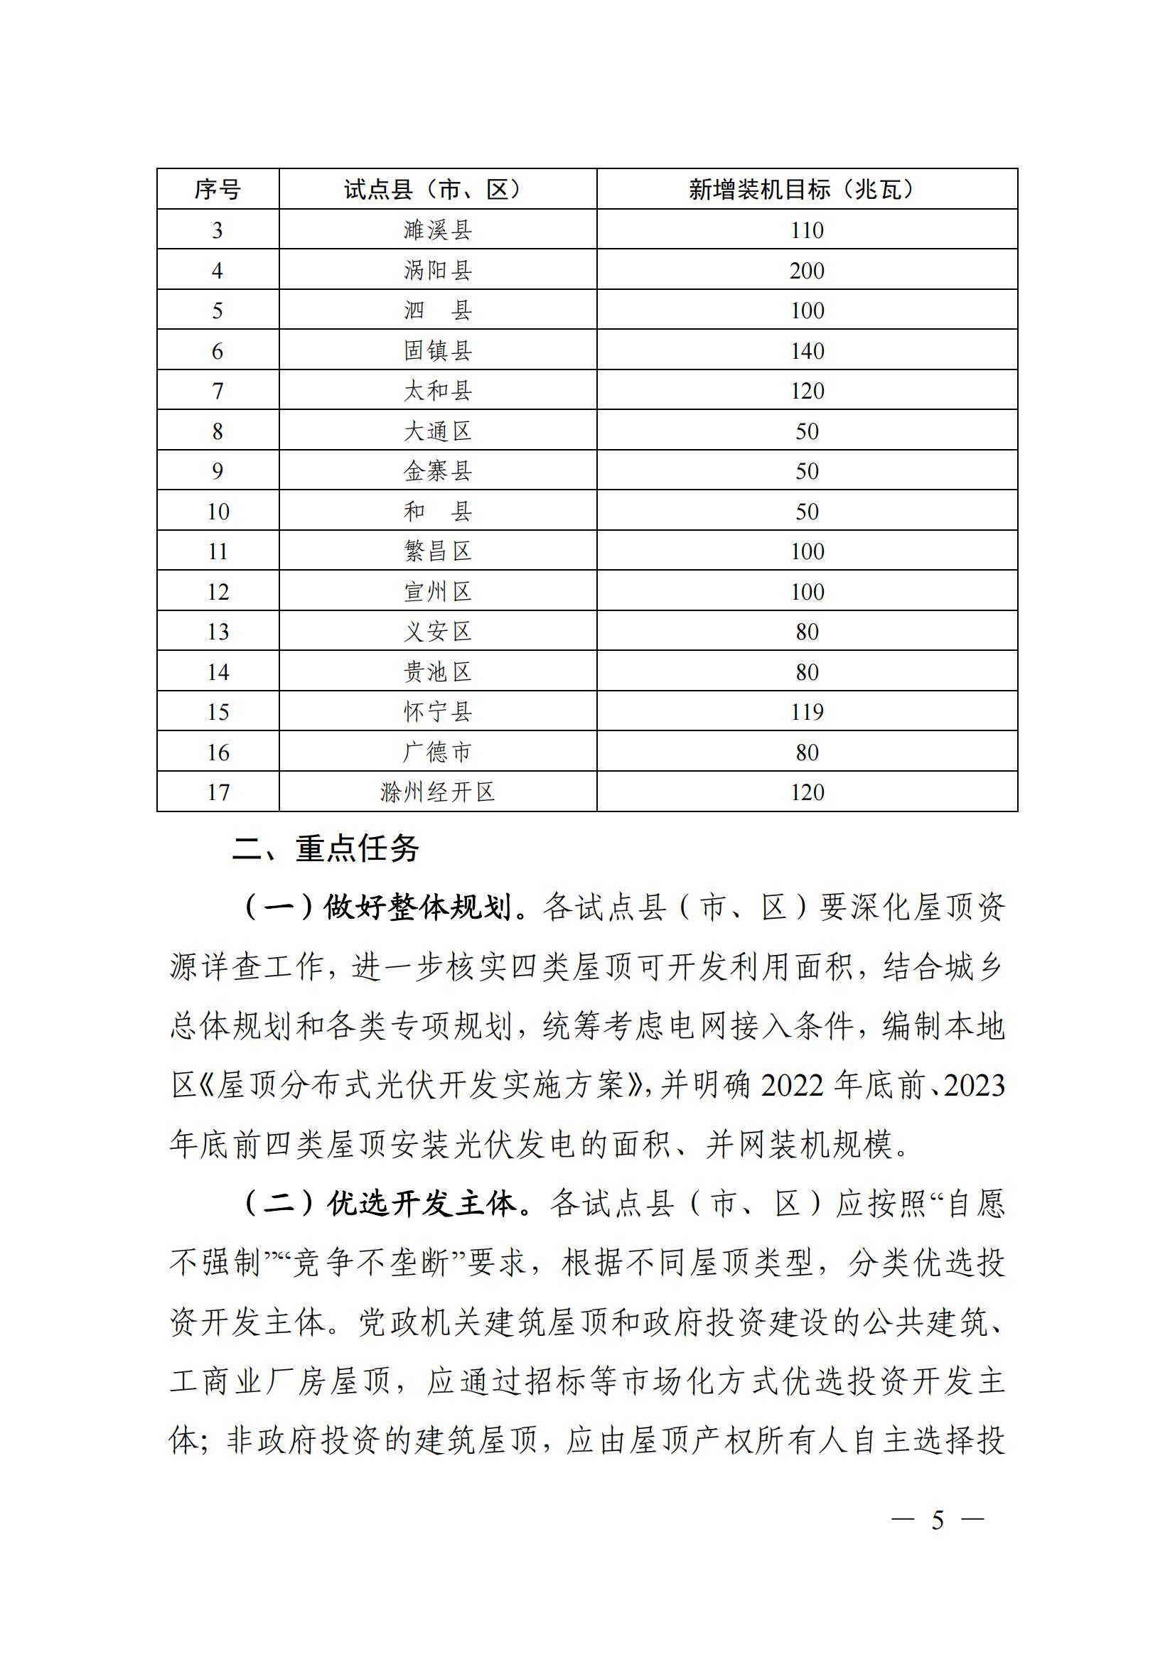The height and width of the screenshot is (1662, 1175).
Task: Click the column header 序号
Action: tap(218, 190)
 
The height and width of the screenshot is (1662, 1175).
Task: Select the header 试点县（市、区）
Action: tap(437, 190)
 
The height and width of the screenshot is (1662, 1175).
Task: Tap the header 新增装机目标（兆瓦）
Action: tap(807, 190)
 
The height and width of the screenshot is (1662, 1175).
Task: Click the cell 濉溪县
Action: tap(437, 230)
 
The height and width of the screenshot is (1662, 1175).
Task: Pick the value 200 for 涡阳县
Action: tap(807, 271)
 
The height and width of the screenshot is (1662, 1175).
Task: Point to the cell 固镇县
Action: tap(437, 351)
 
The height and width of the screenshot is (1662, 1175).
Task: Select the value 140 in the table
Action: tap(807, 351)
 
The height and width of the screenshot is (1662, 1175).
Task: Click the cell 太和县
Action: tap(437, 391)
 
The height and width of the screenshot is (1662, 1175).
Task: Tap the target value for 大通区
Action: tap(807, 431)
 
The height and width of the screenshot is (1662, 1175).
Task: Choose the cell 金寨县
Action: tap(437, 471)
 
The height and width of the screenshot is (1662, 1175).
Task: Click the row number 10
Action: tap(218, 512)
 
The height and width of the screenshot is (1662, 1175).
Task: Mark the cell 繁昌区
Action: tap(437, 551)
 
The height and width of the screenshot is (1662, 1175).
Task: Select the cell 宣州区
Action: tap(437, 592)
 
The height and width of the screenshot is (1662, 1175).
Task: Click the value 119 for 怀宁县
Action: tap(807, 712)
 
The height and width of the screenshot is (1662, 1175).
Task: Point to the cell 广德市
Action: tap(437, 752)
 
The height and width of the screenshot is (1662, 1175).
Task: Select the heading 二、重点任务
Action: tap(325, 848)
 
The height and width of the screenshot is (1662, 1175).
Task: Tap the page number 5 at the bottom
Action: tap(938, 1521)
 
